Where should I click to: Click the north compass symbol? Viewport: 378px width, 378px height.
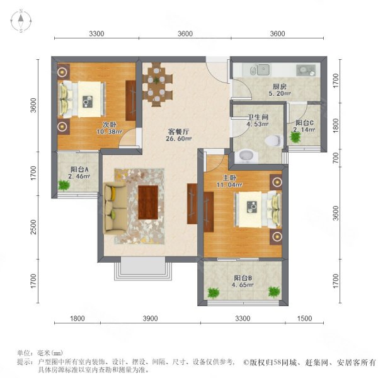coord(21,22)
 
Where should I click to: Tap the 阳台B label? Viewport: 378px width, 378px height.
coord(242,278)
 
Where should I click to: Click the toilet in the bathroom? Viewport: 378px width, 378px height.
coord(272,140)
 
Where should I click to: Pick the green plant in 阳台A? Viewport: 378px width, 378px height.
coord(63,185)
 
